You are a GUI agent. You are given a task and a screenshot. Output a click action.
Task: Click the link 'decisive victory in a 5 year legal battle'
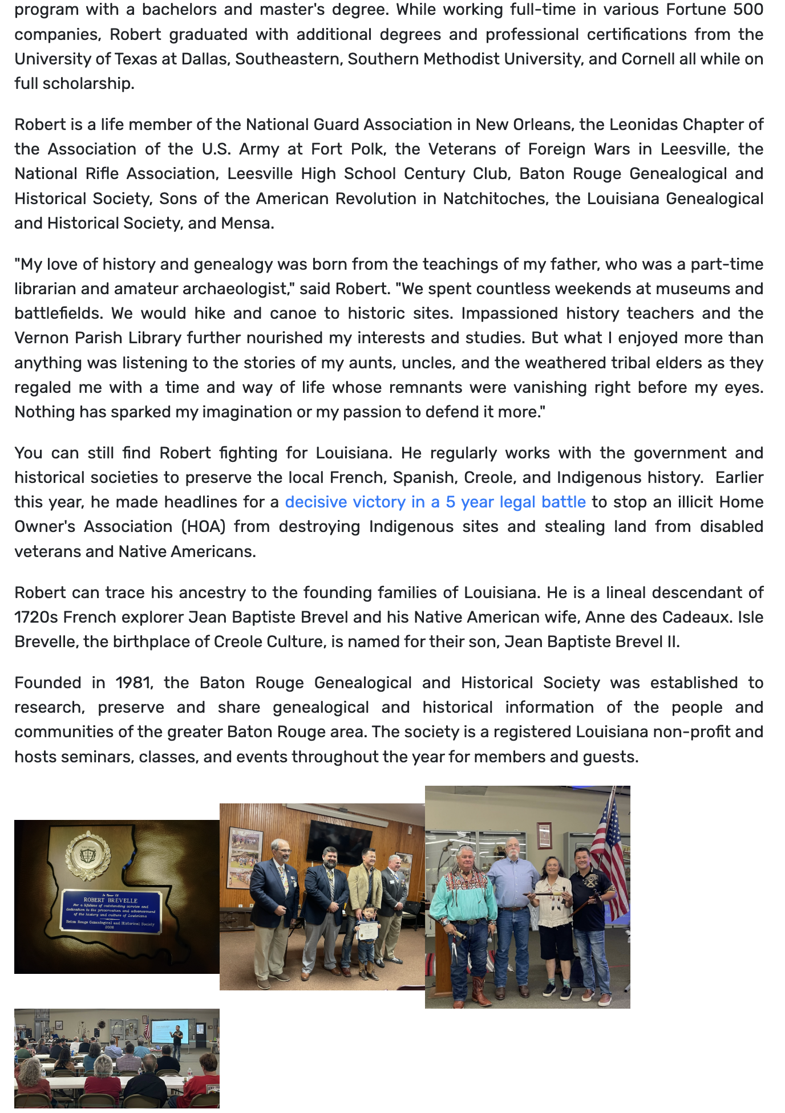click(x=435, y=502)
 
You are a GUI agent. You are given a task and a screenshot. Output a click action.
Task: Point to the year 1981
click(x=133, y=683)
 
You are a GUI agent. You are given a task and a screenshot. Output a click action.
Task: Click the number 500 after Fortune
click(x=748, y=10)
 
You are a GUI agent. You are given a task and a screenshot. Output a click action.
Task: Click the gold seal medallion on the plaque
click(x=88, y=856)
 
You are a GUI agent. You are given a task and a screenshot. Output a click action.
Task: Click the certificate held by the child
click(x=366, y=932)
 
